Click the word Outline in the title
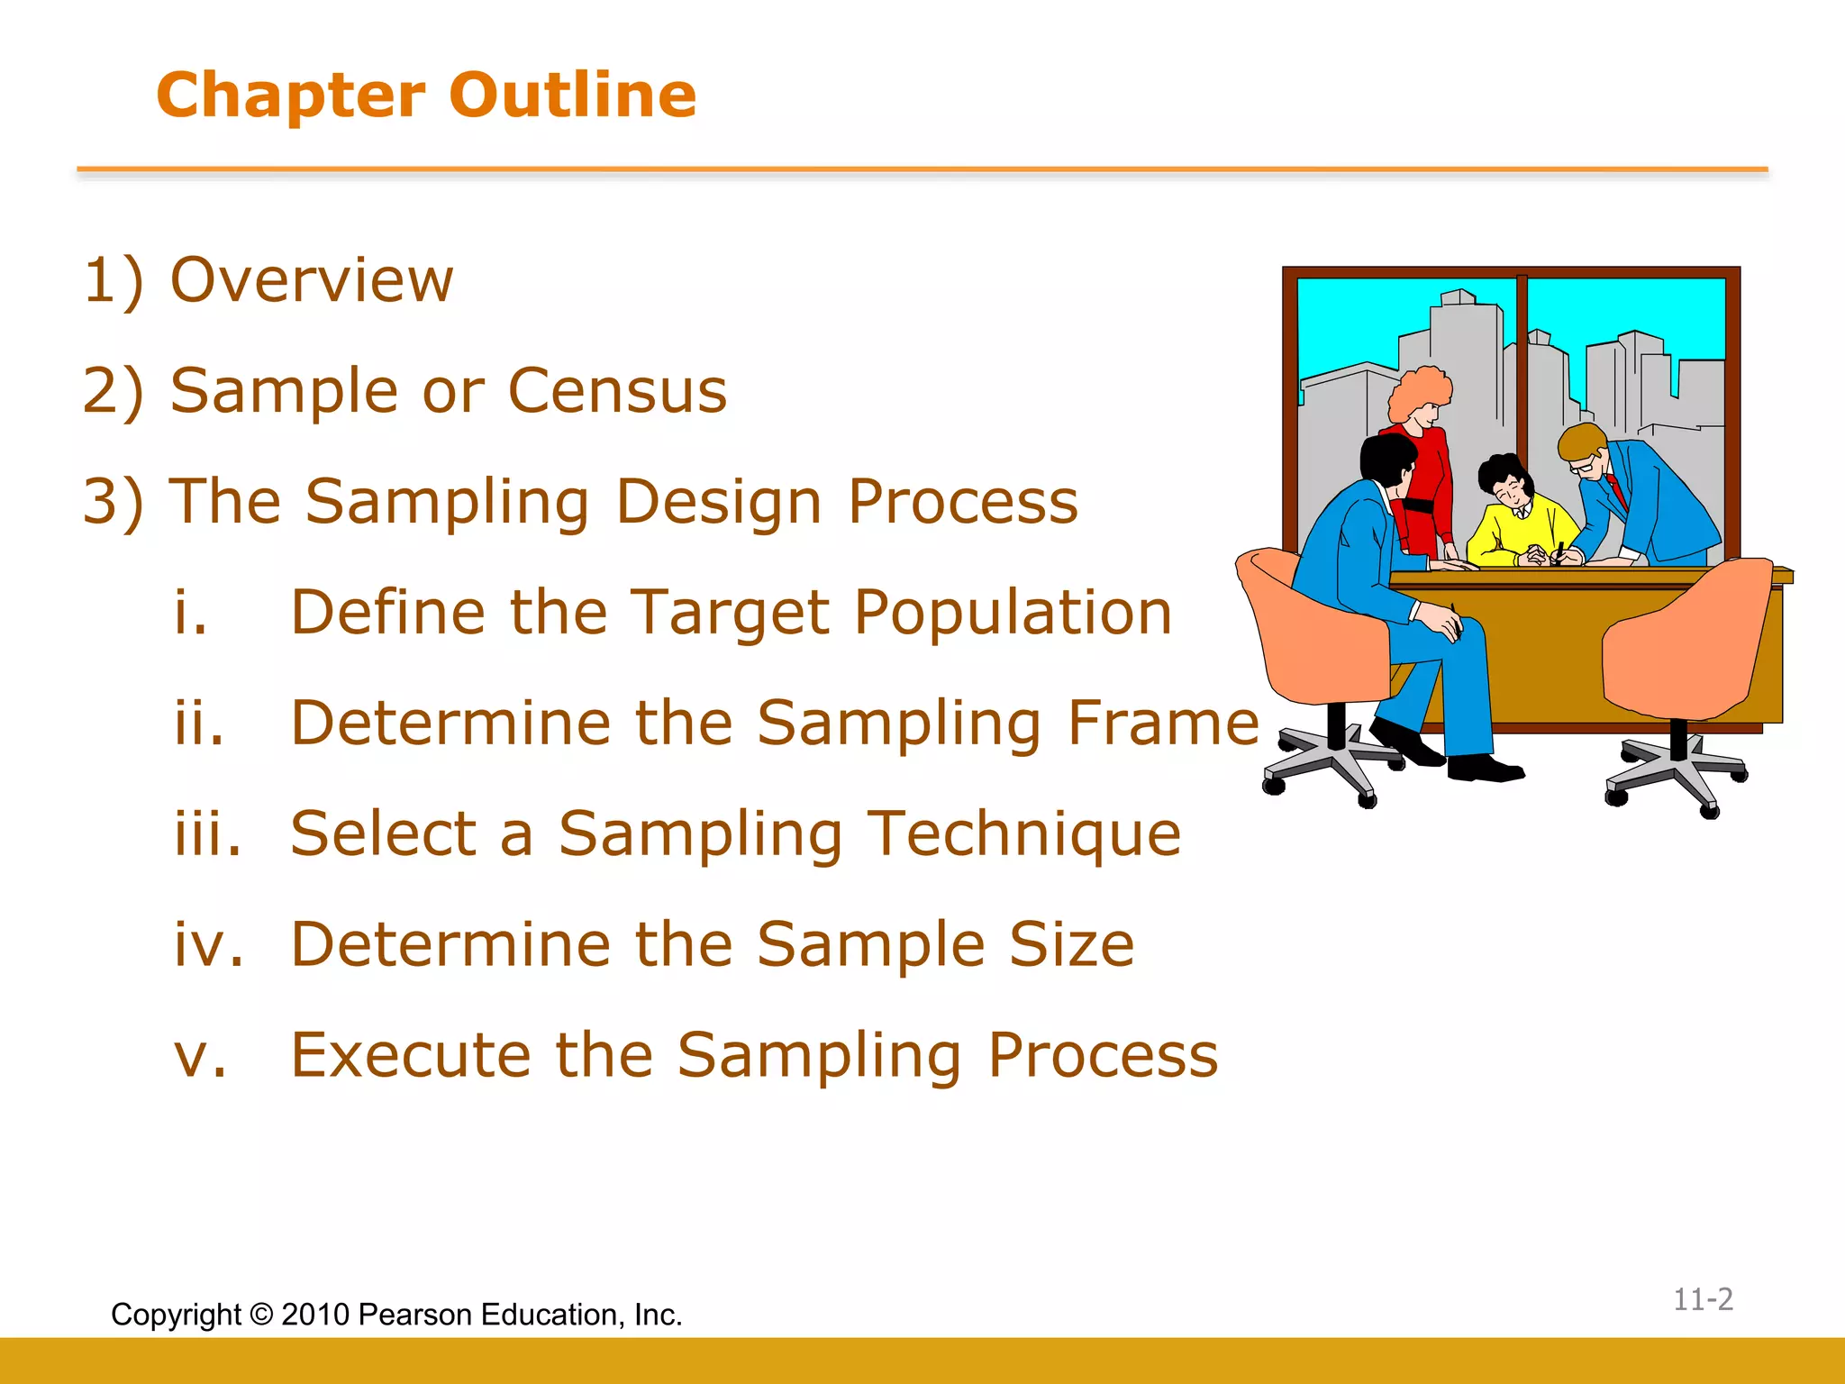click(572, 96)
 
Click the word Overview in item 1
click(312, 280)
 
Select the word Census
click(617, 391)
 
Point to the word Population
click(1013, 613)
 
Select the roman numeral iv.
click(208, 944)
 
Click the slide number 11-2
click(1703, 1299)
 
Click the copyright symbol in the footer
click(261, 1315)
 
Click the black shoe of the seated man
click(1485, 769)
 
